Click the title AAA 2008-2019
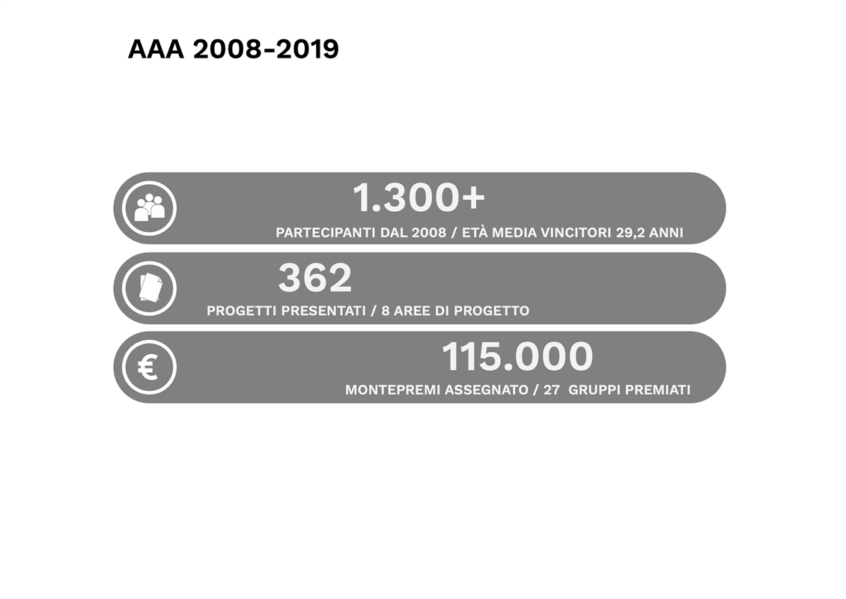pyautogui.click(x=233, y=49)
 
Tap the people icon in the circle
pyautogui.click(x=149, y=207)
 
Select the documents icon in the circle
pyautogui.click(x=150, y=288)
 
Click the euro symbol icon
pyautogui.click(x=147, y=368)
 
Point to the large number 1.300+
pyautogui.click(x=419, y=198)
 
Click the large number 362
pyautogui.click(x=315, y=278)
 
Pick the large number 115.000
pyautogui.click(x=517, y=356)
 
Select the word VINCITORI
pyautogui.click(x=576, y=233)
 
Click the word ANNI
pyautogui.click(x=666, y=233)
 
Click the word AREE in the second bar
pyautogui.click(x=411, y=311)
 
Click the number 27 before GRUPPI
pyautogui.click(x=552, y=389)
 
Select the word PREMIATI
pyautogui.click(x=658, y=389)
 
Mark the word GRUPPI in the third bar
pyautogui.click(x=595, y=389)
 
